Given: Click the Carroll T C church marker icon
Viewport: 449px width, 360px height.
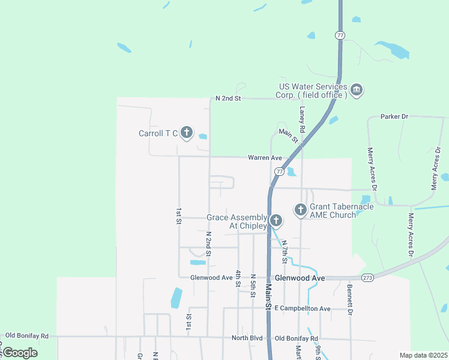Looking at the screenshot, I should pyautogui.click(x=186, y=133).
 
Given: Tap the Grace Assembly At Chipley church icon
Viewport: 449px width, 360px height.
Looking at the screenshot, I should pyautogui.click(x=276, y=221).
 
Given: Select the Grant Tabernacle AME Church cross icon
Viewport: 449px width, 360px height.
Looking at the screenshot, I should pyautogui.click(x=301, y=210).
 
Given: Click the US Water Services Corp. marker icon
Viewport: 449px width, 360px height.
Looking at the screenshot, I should pyautogui.click(x=356, y=90).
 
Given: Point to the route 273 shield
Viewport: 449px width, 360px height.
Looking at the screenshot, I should pyautogui.click(x=368, y=278).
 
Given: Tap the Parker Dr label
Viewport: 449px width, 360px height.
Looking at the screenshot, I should pyautogui.click(x=394, y=116).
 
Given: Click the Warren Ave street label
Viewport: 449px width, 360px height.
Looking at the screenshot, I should pyautogui.click(x=265, y=158).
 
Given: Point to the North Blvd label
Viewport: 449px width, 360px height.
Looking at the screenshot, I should pyautogui.click(x=247, y=338).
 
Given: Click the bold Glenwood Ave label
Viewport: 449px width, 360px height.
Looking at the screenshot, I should pyautogui.click(x=300, y=278).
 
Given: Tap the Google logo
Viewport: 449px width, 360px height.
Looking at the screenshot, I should pyautogui.click(x=20, y=352).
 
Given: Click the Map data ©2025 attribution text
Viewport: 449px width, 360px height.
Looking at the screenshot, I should pyautogui.click(x=423, y=355).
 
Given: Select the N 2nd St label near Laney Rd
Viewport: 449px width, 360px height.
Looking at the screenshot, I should pyautogui.click(x=228, y=98).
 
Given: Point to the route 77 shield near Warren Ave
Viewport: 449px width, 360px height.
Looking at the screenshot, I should pyautogui.click(x=279, y=172).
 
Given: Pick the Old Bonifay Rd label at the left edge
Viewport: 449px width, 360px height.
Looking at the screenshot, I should pyautogui.click(x=26, y=335).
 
